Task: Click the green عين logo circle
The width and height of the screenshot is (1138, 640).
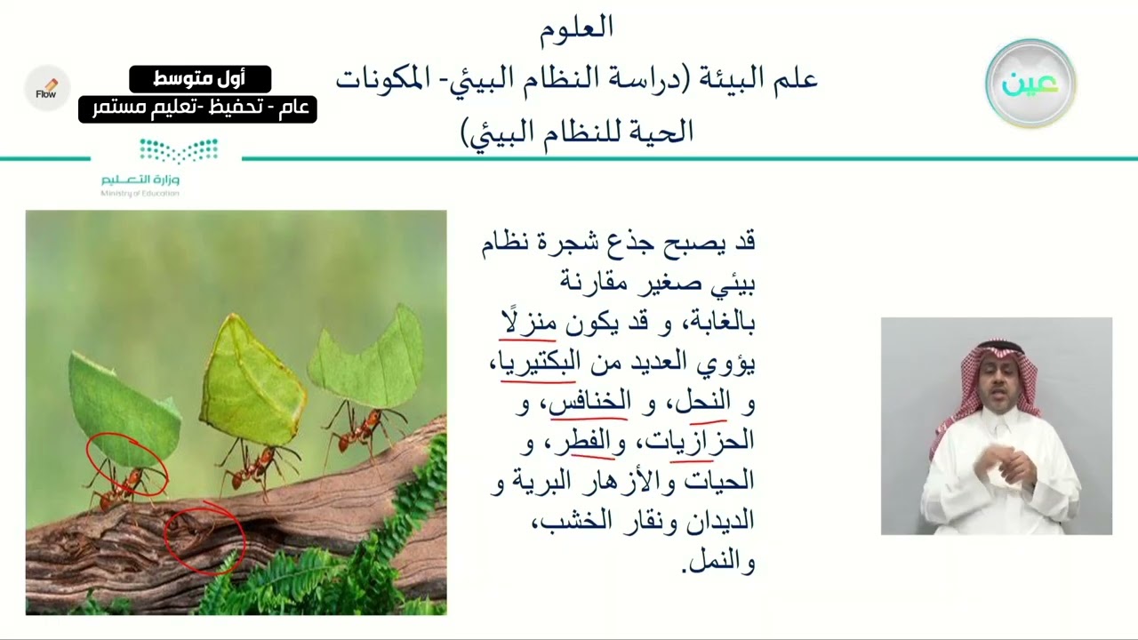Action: [x=1030, y=84]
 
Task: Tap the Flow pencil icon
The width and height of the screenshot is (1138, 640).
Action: [x=47, y=88]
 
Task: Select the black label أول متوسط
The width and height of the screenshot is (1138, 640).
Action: [x=200, y=78]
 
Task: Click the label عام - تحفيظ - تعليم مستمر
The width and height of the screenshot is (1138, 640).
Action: [x=197, y=108]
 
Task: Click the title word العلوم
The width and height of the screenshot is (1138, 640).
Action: [x=576, y=28]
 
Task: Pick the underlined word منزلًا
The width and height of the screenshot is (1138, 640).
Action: [x=528, y=322]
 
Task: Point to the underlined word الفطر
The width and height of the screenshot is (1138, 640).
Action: [x=593, y=441]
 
